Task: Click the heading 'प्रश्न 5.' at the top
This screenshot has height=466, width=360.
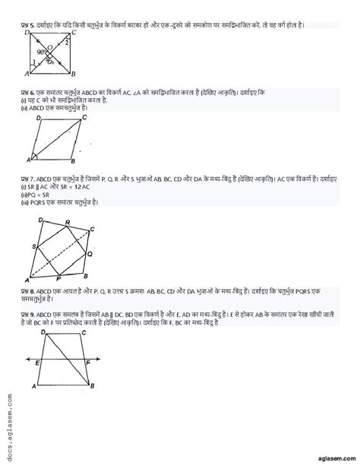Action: point(30,25)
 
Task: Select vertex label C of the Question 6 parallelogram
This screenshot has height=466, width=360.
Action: point(84,119)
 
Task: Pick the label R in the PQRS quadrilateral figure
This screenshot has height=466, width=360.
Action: point(68,221)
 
